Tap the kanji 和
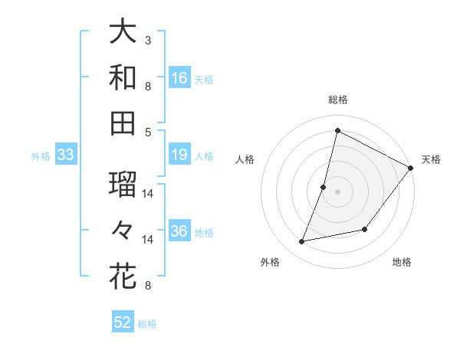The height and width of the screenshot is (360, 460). (x=123, y=77)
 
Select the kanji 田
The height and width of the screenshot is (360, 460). (x=123, y=123)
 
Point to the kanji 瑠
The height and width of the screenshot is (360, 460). (x=123, y=184)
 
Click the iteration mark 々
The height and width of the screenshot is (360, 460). (x=123, y=230)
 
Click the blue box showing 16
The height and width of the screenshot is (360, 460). (x=179, y=78)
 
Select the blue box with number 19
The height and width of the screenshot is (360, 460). (x=179, y=155)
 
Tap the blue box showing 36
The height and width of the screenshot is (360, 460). (x=179, y=232)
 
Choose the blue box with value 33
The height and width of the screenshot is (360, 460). (x=66, y=155)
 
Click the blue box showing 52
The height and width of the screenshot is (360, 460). (x=123, y=322)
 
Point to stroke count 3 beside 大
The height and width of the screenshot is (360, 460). (x=147, y=39)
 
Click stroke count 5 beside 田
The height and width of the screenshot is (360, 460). (x=147, y=132)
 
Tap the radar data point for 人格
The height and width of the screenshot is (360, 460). (x=324, y=187)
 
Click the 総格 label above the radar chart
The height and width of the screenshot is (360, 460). (x=337, y=100)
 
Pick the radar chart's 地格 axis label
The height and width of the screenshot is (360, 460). (x=402, y=263)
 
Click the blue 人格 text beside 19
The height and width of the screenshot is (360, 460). (x=204, y=156)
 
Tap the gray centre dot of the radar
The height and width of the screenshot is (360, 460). (x=337, y=191)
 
